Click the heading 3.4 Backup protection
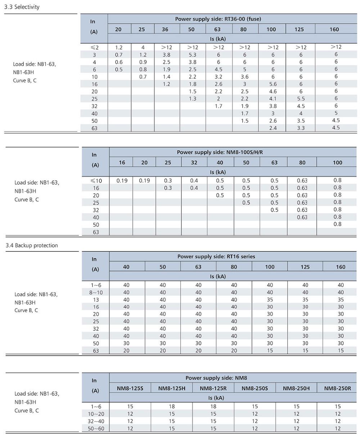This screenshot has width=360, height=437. pos(32,245)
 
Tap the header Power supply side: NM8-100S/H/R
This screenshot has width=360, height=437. pos(220,152)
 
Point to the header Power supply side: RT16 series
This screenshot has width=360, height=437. pos(216,257)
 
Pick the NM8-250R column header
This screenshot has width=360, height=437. pos(338,388)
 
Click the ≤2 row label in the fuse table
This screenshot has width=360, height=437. pos(94,48)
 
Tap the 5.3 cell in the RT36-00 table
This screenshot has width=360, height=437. pos(193,55)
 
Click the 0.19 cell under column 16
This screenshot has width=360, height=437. pos(122,181)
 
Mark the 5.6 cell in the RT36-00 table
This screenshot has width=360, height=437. pos(273,84)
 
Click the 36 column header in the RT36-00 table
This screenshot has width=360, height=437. pos(165,30)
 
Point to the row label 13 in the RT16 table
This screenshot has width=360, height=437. pos(96,299)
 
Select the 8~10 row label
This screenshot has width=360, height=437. pos(96,292)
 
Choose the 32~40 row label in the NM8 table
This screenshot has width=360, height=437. pos(95,421)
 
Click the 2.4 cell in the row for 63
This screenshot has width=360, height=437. pos(273,128)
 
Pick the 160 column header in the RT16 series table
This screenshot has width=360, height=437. pos(341,267)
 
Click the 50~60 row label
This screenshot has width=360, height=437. pos(95,428)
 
